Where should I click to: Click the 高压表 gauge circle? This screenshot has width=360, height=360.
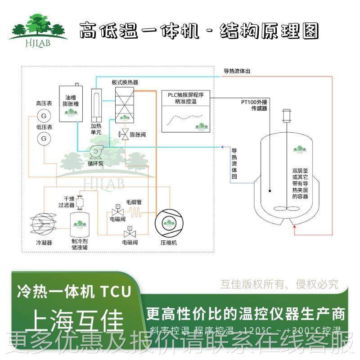(44, 116)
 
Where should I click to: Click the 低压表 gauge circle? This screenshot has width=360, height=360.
(44, 139)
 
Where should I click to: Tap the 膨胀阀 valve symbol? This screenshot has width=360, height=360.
(122, 134)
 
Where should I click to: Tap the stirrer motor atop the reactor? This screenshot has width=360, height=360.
(285, 116)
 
